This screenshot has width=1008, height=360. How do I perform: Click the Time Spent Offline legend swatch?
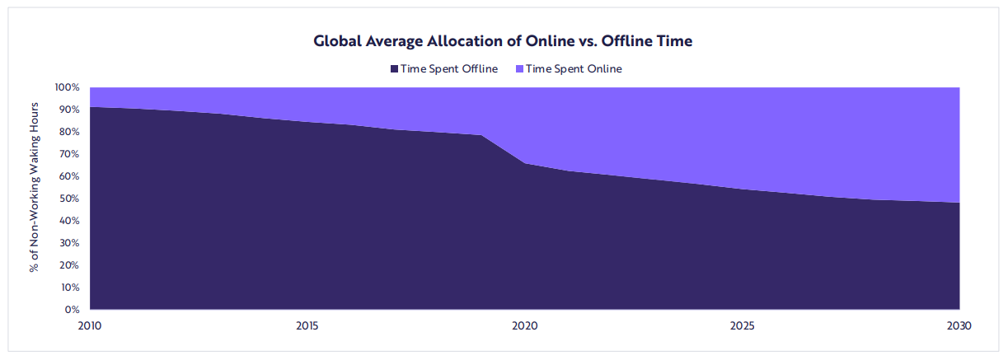(395, 69)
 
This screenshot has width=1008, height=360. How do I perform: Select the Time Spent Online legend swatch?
(519, 69)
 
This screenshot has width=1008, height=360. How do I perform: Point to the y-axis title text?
(35, 188)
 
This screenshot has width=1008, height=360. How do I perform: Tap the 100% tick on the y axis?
(68, 87)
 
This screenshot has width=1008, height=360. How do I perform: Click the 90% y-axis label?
(69, 110)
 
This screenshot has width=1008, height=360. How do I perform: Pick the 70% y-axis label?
(69, 154)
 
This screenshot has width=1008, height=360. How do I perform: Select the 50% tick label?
(69, 199)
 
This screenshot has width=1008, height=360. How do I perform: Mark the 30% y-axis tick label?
(69, 243)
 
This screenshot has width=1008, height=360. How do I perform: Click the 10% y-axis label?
(69, 288)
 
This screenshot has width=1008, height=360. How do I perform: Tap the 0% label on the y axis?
(72, 310)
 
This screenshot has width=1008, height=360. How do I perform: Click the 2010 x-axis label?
(89, 326)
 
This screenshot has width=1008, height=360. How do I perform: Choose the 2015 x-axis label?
(307, 326)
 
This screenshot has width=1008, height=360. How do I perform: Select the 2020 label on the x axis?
(525, 326)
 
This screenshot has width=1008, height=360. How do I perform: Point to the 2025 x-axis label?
(743, 326)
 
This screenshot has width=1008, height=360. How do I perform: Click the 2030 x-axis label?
(960, 326)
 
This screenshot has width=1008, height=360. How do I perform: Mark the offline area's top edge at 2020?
(525, 163)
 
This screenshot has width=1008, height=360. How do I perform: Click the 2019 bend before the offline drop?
(481, 135)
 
